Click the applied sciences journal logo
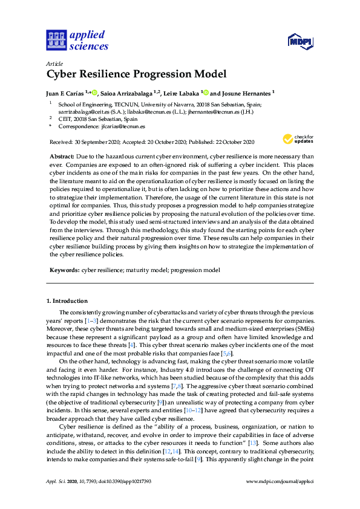(x=77, y=40)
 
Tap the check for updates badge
(x=297, y=140)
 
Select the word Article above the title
(x=55, y=63)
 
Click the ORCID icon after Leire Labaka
(x=206, y=92)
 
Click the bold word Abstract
(x=62, y=156)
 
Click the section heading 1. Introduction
(x=67, y=300)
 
